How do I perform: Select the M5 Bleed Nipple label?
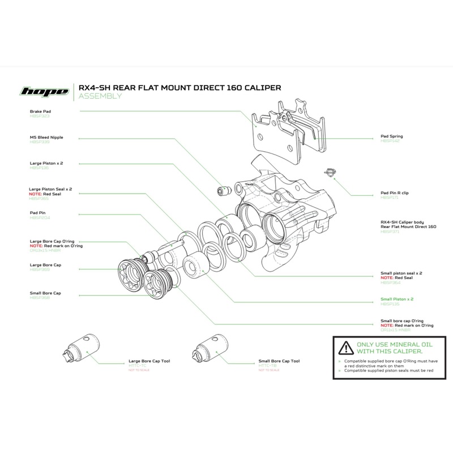tap(46, 137)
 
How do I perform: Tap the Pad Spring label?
tap(392, 136)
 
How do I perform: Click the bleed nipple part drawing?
tap(222, 190)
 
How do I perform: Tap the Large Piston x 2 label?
tap(46, 163)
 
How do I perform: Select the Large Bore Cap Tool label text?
tap(149, 360)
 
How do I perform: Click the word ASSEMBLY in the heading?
tap(100, 96)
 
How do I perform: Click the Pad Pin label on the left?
tap(38, 214)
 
